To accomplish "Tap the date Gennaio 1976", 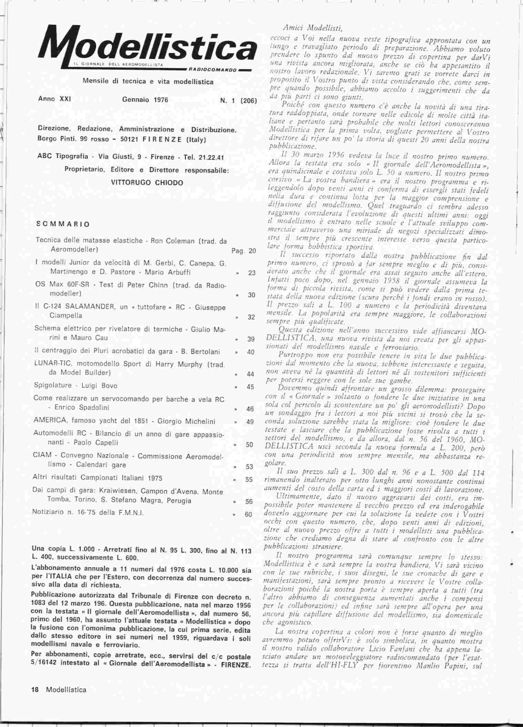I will pos(145,100).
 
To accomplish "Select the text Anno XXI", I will pos(54,99).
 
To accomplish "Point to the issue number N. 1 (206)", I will pos(238,101).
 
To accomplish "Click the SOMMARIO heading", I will pos(63,224).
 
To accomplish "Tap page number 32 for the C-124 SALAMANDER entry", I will pos(251,317).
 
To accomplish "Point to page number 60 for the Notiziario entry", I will pos(248,515).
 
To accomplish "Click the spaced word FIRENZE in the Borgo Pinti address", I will pos(162,140).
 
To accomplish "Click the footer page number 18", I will pos(35,689).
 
